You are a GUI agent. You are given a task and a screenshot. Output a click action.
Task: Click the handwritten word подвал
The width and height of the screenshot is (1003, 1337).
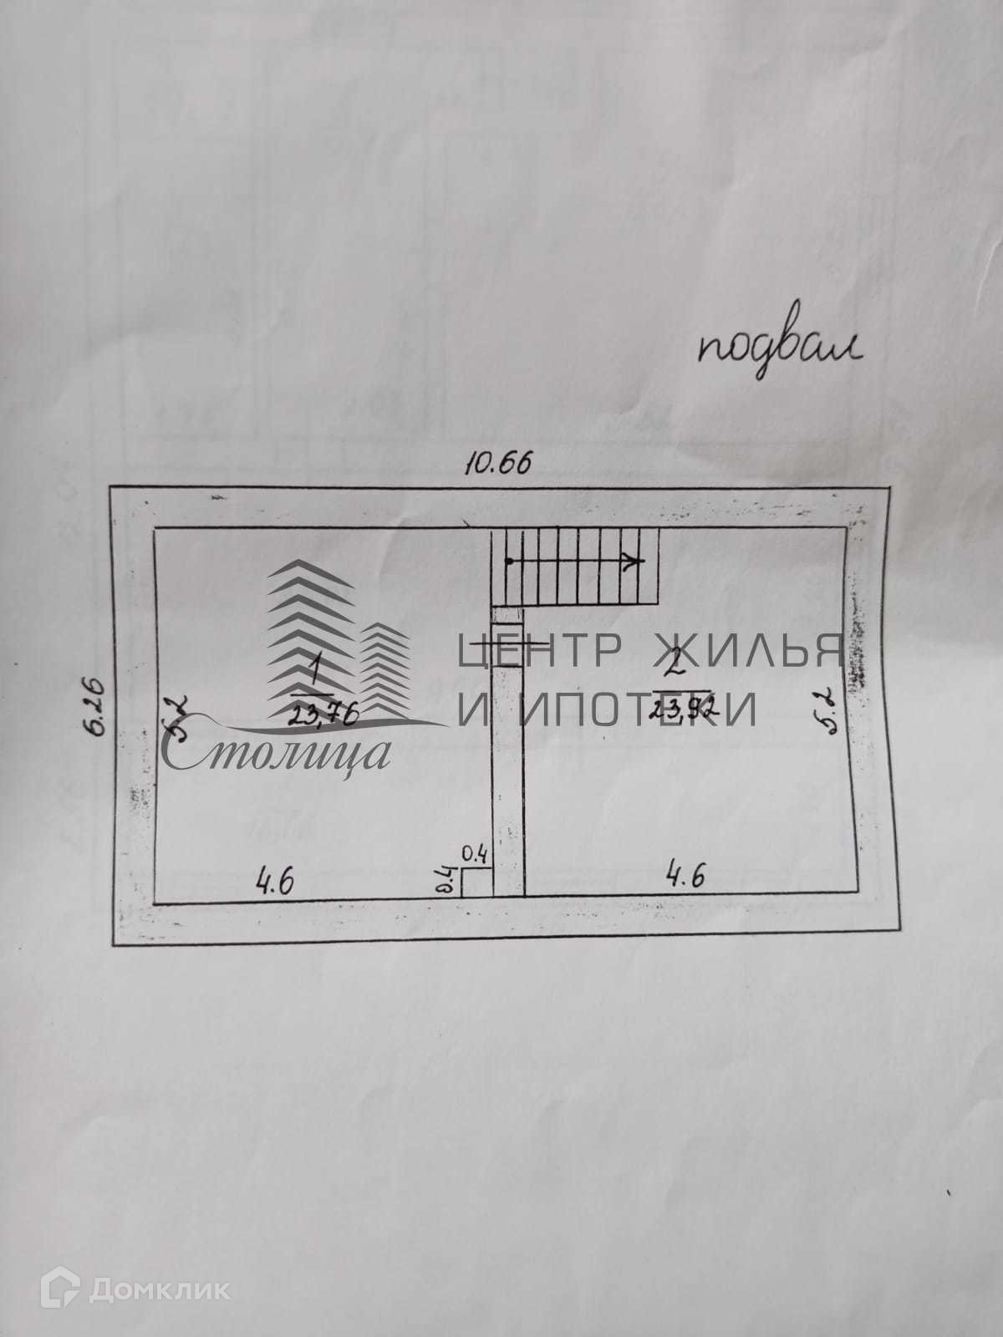(x=780, y=355)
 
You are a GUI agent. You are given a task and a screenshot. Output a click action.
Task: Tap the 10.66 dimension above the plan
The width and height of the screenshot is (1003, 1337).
(x=497, y=464)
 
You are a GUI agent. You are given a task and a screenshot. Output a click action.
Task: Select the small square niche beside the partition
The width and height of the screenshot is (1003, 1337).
(x=476, y=882)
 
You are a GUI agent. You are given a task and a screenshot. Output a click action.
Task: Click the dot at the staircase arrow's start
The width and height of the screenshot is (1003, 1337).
(x=507, y=562)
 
